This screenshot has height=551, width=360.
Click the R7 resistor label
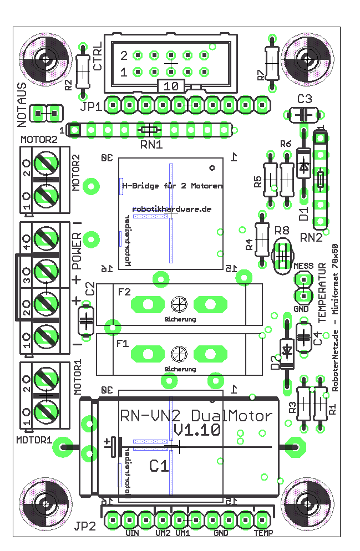point(260,76)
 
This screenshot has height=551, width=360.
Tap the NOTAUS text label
point(22,101)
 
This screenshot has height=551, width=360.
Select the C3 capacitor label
point(305,100)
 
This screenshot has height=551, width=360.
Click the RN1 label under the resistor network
point(151,145)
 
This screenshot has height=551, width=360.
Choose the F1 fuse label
point(123,344)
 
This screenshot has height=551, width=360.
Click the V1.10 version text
point(197,430)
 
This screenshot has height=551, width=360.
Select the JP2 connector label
point(86,527)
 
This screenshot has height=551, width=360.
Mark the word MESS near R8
point(303,267)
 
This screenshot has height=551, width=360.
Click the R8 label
point(282,230)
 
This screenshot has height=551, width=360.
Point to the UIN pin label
point(131,534)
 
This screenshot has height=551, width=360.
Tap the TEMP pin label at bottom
point(263,534)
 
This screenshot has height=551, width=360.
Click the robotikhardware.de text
point(172,209)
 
